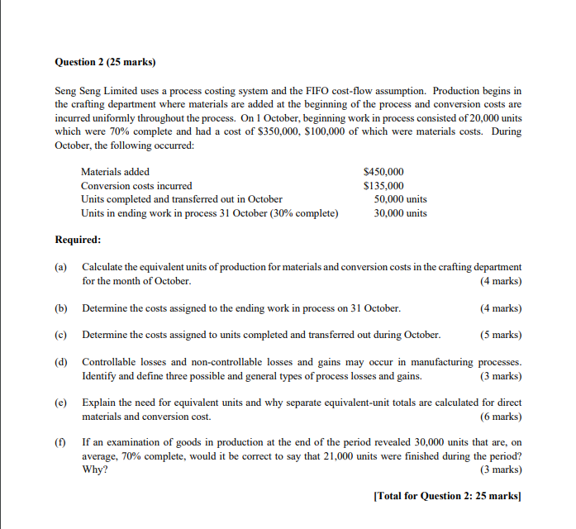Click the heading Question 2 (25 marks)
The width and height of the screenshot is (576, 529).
click(x=105, y=61)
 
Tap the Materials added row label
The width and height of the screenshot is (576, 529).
click(x=115, y=172)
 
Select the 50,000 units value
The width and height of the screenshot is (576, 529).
click(x=400, y=199)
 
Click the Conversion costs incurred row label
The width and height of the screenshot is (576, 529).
click(x=136, y=186)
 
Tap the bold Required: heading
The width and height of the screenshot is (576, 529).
click(x=78, y=240)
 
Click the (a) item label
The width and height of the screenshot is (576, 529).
click(x=61, y=267)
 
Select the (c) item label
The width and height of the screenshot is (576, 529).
click(x=61, y=335)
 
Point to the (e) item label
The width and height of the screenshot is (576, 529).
click(x=61, y=403)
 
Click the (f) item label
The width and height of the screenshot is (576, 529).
click(x=60, y=442)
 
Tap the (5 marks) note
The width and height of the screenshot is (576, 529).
click(x=500, y=335)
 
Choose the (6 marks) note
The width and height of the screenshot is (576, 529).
click(x=500, y=416)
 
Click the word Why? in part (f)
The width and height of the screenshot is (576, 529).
click(x=94, y=469)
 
